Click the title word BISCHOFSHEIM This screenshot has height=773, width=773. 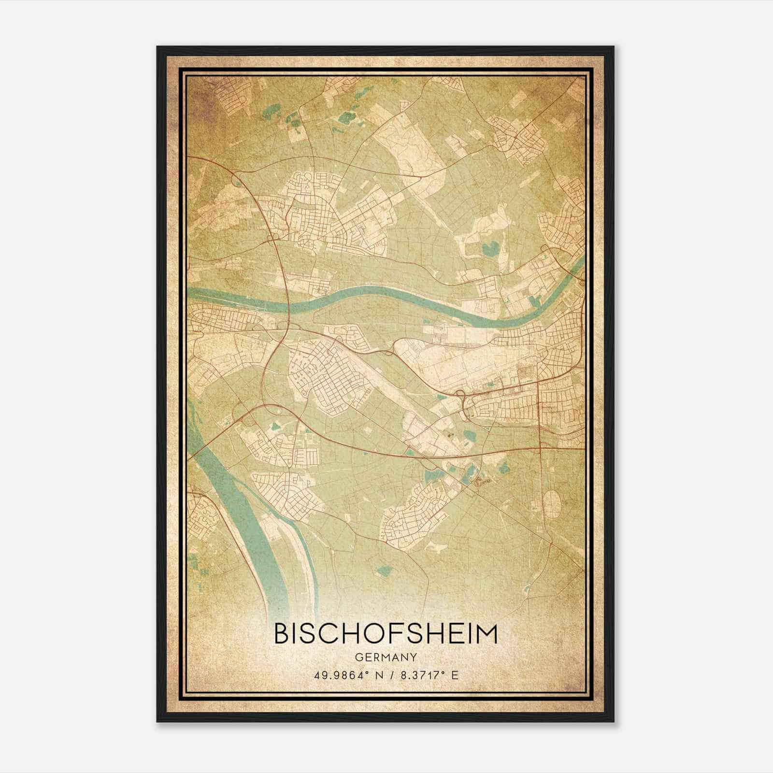(386, 633)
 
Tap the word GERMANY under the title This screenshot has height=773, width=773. (386, 657)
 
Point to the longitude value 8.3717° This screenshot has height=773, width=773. (421, 675)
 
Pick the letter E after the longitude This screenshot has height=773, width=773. (454, 675)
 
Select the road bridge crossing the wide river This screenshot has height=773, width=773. (203, 444)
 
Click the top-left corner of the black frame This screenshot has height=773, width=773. (157, 47)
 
